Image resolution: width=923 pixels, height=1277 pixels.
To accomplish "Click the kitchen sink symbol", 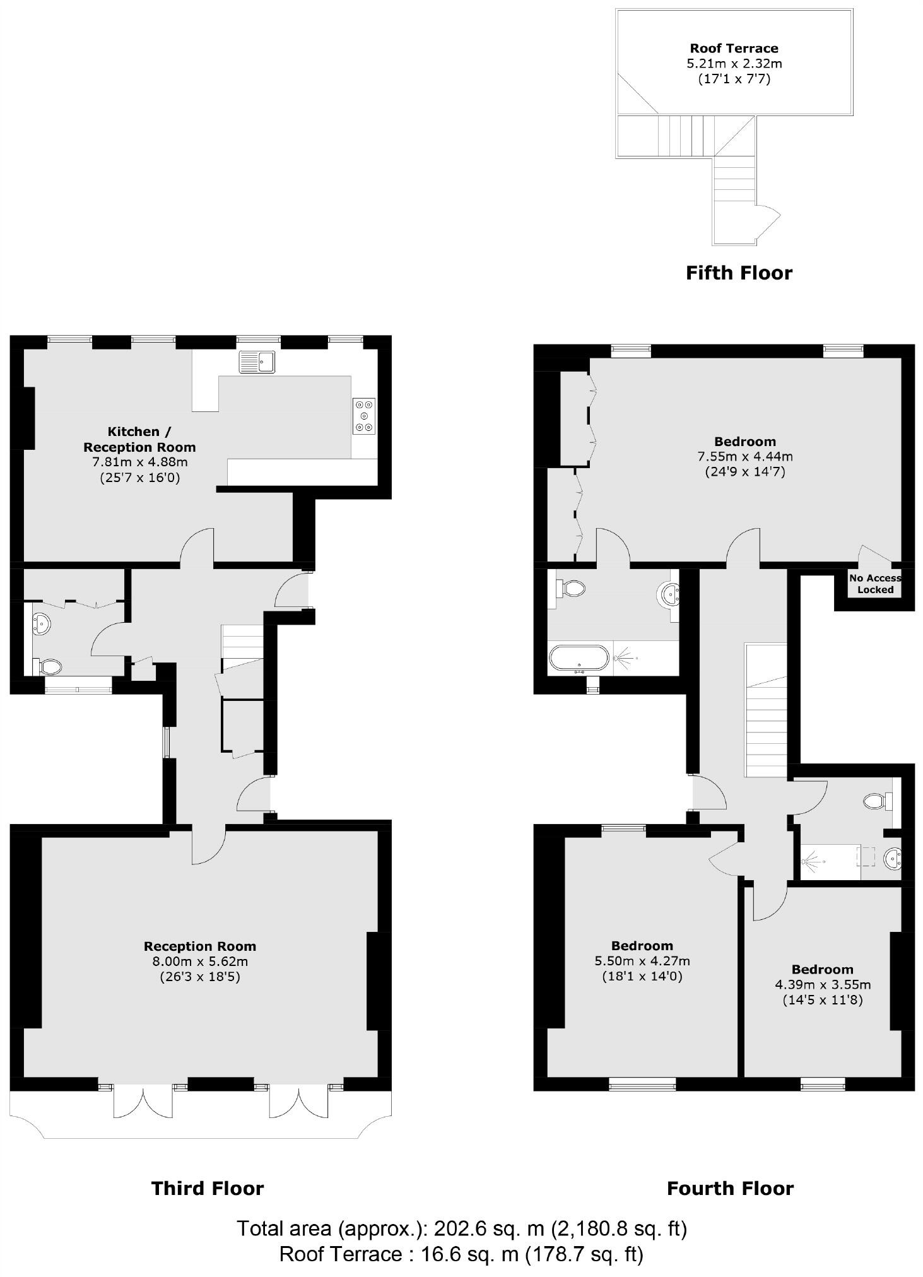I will (257, 362).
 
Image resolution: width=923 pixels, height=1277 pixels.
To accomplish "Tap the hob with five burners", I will (364, 416).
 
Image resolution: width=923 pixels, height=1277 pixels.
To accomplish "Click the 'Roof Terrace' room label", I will (734, 48).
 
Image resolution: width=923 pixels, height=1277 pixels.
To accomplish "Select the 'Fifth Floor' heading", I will (739, 273).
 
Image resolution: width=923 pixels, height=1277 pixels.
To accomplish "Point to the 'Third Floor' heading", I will (208, 1189).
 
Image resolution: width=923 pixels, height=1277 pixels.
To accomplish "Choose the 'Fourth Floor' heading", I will (730, 1189).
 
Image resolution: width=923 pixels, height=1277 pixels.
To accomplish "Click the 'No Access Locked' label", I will (875, 584).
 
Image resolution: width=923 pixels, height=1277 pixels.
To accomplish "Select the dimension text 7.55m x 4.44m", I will (744, 456).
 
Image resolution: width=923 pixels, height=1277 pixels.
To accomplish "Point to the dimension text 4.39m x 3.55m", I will (823, 984).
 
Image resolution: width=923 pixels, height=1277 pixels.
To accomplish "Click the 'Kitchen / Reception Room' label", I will (139, 439).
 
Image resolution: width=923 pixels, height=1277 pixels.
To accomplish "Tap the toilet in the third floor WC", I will (51, 666).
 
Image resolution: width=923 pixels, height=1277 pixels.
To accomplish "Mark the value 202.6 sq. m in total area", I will (488, 1228).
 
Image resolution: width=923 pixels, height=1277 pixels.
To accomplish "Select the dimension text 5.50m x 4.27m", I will (642, 961).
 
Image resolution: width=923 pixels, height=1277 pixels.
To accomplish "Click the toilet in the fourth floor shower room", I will (875, 801).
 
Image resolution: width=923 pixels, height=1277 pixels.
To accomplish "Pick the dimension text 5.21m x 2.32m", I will (734, 63).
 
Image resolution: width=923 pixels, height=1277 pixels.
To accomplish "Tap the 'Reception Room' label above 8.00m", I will (199, 946).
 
